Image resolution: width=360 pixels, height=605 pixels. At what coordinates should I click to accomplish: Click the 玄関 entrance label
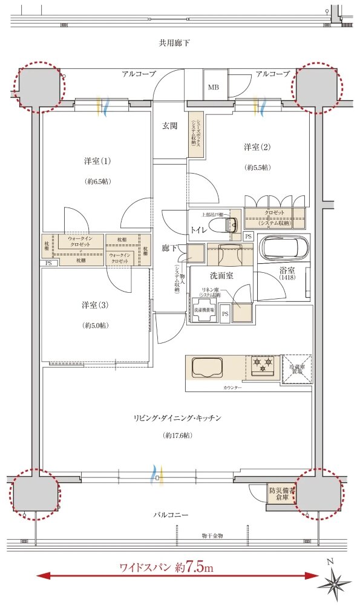point(169,126)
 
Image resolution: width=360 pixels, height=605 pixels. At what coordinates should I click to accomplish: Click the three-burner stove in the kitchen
point(261,366)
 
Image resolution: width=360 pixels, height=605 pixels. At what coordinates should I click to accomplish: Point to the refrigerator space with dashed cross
point(296,368)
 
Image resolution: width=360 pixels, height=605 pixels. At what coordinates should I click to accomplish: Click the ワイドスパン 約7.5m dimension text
point(175,567)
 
